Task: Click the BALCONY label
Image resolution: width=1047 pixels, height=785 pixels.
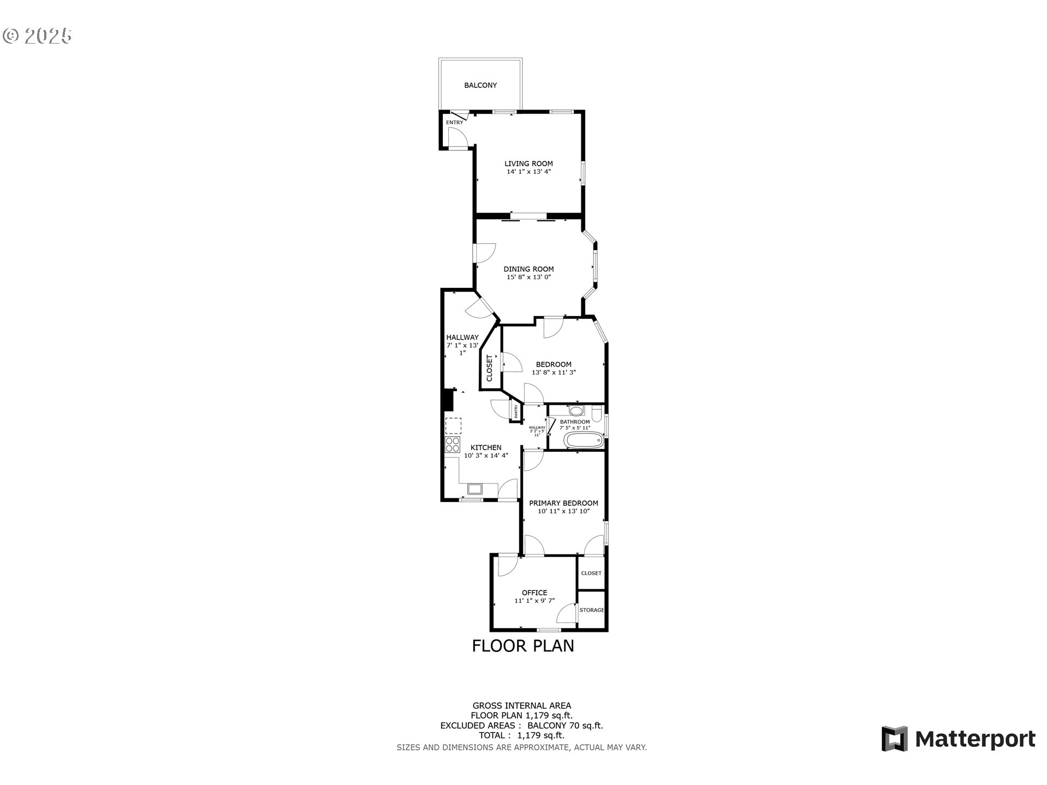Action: click(x=480, y=86)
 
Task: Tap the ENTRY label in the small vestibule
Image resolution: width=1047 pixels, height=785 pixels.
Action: click(x=454, y=123)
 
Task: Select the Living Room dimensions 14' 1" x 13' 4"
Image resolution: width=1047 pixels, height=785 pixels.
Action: click(x=528, y=172)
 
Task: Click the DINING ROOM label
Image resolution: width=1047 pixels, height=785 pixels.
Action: click(x=528, y=269)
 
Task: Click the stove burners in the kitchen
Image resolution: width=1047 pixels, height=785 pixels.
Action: click(x=453, y=445)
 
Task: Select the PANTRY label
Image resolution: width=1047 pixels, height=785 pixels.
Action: click(x=515, y=410)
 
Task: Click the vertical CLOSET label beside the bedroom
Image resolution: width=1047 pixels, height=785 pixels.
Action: click(x=489, y=369)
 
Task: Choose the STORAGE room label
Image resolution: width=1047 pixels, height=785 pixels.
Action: click(x=592, y=610)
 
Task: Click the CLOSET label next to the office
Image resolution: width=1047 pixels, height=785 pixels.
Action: click(x=591, y=573)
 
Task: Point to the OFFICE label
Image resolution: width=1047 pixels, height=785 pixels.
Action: click(x=534, y=593)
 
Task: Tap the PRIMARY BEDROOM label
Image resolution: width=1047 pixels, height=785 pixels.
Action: click(x=563, y=504)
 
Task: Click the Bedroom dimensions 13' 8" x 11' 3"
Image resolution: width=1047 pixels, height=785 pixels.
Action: click(x=553, y=373)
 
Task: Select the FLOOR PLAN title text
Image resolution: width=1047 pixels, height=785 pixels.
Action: click(x=522, y=646)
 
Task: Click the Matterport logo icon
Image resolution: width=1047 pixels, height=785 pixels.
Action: click(x=894, y=739)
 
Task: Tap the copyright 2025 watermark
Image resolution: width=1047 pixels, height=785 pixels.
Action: click(x=37, y=36)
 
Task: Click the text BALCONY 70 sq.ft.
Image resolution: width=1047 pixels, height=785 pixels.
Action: click(x=565, y=726)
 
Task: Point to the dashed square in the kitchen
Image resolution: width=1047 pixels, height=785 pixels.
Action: click(x=453, y=426)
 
